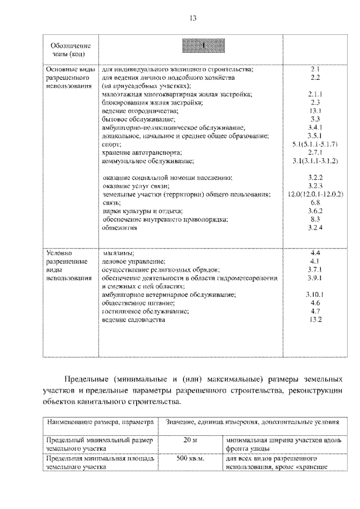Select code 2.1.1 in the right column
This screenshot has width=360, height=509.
click(315, 94)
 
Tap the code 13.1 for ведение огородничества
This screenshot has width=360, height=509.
click(315, 111)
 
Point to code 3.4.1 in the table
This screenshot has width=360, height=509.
click(315, 128)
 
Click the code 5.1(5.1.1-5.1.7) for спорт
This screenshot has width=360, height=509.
click(315, 145)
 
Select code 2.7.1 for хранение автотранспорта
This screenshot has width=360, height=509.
click(315, 153)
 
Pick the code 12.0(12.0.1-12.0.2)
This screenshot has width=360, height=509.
click(315, 194)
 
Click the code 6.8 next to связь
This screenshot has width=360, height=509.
click(315, 202)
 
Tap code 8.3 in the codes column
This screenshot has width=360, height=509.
click(315, 219)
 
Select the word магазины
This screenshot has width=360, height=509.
click(119, 253)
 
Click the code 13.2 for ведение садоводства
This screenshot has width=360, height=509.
click(315, 319)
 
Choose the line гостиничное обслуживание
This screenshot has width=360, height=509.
click(145, 311)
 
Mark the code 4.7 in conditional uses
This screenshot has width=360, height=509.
click(315, 311)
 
